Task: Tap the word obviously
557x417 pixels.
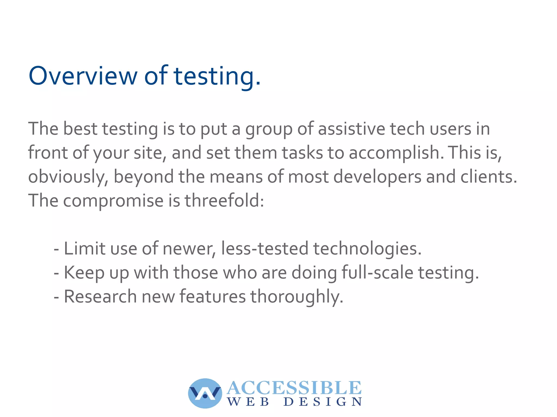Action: coord(68,177)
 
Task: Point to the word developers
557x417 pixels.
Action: coord(377,177)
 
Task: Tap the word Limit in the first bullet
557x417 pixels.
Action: coord(84,249)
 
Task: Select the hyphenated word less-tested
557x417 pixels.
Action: coord(265,249)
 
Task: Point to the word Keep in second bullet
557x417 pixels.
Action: coord(84,272)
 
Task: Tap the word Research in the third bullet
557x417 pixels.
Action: coord(100,296)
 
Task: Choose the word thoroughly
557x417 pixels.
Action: coord(296,296)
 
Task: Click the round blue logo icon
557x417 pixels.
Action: coord(205,393)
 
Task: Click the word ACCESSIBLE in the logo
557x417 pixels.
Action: coord(294,388)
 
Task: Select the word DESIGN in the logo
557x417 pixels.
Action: coord(323,402)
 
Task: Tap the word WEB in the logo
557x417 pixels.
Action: coord(248,402)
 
